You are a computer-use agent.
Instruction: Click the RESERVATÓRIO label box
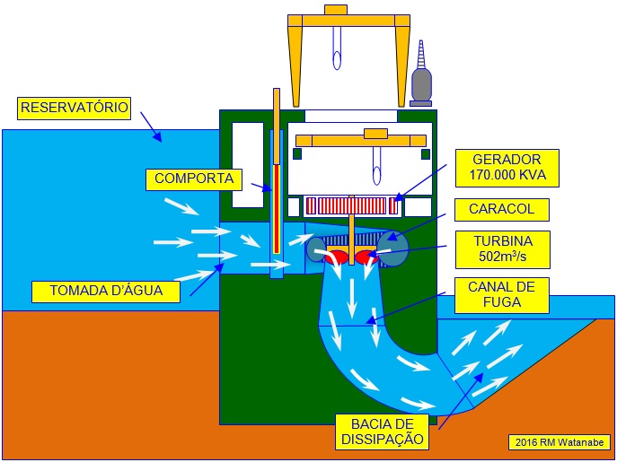[x=75, y=109]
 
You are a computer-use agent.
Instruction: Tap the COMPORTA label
[x=194, y=179]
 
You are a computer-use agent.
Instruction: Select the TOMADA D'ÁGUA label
[x=105, y=292]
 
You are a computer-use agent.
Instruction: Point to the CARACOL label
[x=501, y=210]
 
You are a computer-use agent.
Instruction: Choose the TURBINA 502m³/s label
[x=501, y=249]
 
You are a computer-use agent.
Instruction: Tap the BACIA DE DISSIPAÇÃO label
[x=382, y=431]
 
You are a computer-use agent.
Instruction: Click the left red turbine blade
[x=337, y=257]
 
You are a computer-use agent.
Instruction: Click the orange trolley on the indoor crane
[x=375, y=134]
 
